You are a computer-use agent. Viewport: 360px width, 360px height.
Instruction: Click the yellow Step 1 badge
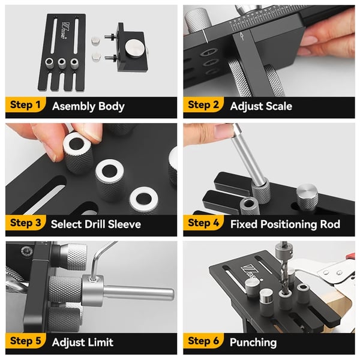[25, 104]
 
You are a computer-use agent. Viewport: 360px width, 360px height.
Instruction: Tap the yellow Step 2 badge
[203, 104]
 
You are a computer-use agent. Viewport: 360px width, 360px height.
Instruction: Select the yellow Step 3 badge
[25, 223]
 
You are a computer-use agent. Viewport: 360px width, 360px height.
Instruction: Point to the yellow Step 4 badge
[203, 223]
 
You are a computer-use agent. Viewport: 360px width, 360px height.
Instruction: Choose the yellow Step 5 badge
[25, 341]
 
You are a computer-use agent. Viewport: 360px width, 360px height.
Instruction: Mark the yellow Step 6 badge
[203, 341]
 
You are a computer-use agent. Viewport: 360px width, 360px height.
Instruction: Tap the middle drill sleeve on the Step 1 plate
[62, 63]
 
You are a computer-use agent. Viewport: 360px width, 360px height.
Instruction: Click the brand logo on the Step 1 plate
[64, 31]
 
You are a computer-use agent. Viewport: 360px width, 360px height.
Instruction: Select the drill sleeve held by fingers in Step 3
[77, 152]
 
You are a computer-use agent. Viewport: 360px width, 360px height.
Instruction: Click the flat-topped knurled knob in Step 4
[307, 196]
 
